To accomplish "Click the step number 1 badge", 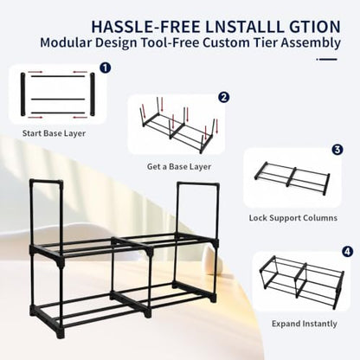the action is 106,68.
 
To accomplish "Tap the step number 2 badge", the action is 223,97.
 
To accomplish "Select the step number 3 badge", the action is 337,150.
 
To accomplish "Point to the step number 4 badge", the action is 347,252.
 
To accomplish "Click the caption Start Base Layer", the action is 54,133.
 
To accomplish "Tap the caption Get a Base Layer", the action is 179,167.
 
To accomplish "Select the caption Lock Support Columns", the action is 293,218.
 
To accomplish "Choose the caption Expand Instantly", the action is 305,324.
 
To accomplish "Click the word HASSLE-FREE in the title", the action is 145,27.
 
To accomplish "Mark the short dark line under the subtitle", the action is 327,60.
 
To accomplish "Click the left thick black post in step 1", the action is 23,94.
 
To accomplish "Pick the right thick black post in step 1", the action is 93,94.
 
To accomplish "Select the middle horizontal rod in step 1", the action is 58,99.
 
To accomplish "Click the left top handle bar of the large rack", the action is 46,182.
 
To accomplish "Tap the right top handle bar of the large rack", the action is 198,184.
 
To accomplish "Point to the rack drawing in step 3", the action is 292,178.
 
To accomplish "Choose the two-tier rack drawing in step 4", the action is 302,282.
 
